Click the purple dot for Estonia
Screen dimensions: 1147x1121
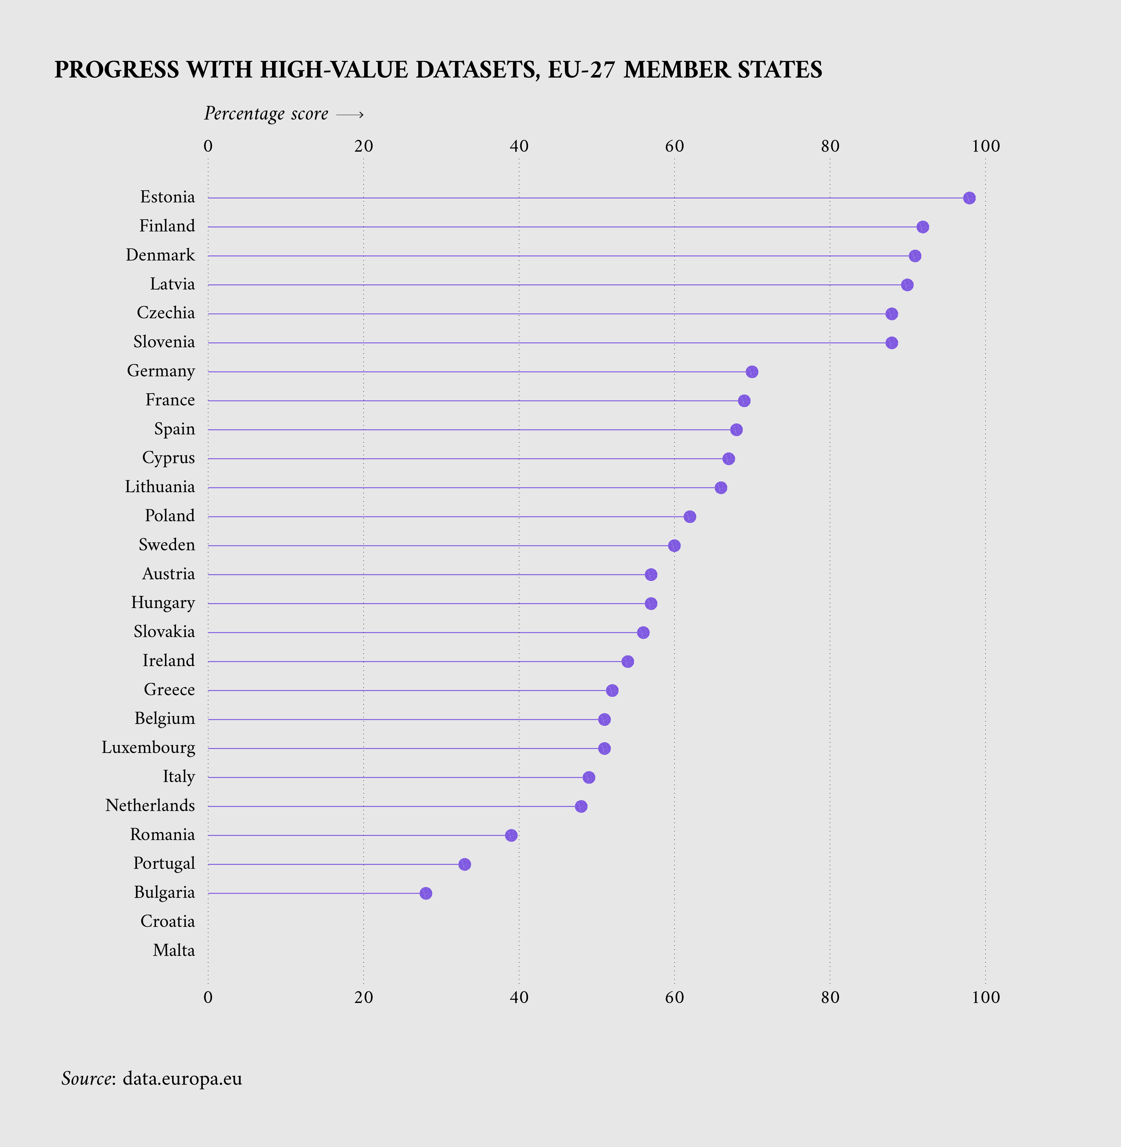(x=969, y=198)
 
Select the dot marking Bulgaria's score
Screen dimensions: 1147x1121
(x=426, y=893)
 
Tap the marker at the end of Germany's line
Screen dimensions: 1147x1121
(x=752, y=372)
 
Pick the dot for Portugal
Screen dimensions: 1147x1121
(x=464, y=864)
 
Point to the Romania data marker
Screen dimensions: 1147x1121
(x=511, y=835)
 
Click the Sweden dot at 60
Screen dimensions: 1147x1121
(x=674, y=545)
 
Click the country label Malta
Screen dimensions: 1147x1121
(x=174, y=950)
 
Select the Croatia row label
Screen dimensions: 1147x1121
(x=167, y=921)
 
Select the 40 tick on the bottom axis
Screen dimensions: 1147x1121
(x=519, y=997)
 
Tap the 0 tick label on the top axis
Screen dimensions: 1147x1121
(x=208, y=146)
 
